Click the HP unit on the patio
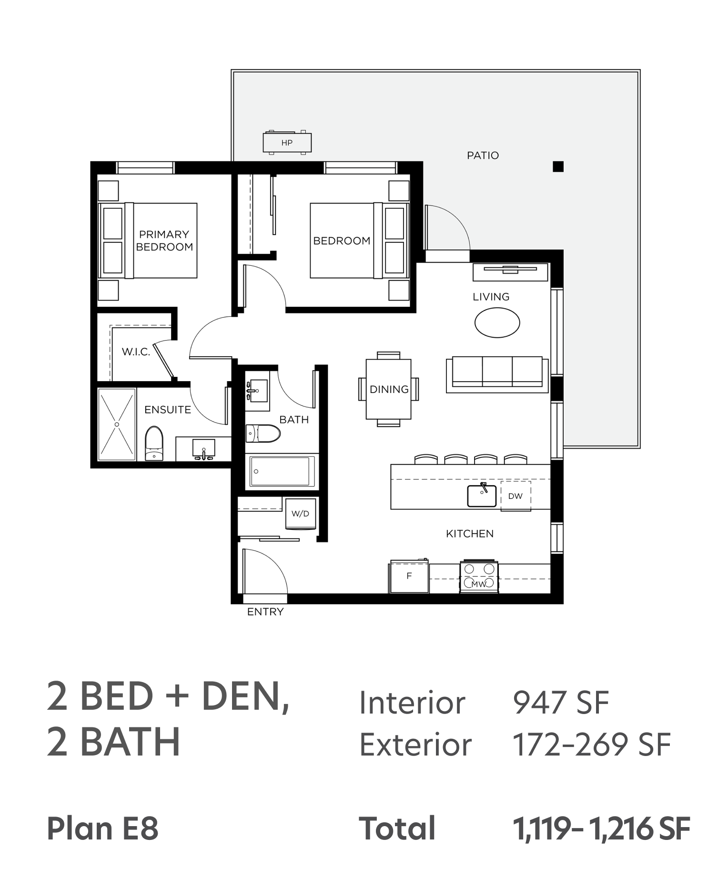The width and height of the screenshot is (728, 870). tap(287, 143)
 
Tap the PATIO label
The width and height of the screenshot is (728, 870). tap(483, 155)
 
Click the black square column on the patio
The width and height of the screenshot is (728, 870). tap(558, 166)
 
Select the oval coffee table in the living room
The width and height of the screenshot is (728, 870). tap(497, 322)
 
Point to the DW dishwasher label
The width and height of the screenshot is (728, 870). tap(516, 496)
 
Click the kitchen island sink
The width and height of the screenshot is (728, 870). tap(481, 495)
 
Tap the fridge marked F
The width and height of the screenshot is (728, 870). tap(409, 577)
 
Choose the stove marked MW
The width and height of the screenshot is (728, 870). tap(479, 577)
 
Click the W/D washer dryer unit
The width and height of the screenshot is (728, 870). tap(301, 513)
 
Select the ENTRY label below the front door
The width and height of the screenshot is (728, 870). tap(265, 612)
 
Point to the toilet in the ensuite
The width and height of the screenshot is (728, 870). tap(154, 444)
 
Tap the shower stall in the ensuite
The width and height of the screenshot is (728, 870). tap(117, 425)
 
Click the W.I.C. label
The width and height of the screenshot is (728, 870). tap(136, 352)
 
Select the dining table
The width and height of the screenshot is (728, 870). tap(388, 389)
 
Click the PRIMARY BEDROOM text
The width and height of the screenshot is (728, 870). tap(164, 240)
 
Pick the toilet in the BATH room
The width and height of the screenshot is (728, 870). tap(263, 434)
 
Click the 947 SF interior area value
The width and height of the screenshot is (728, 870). tap(561, 703)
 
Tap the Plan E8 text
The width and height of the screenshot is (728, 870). tap(102, 828)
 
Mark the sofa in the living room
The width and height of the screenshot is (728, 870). tap(497, 374)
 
